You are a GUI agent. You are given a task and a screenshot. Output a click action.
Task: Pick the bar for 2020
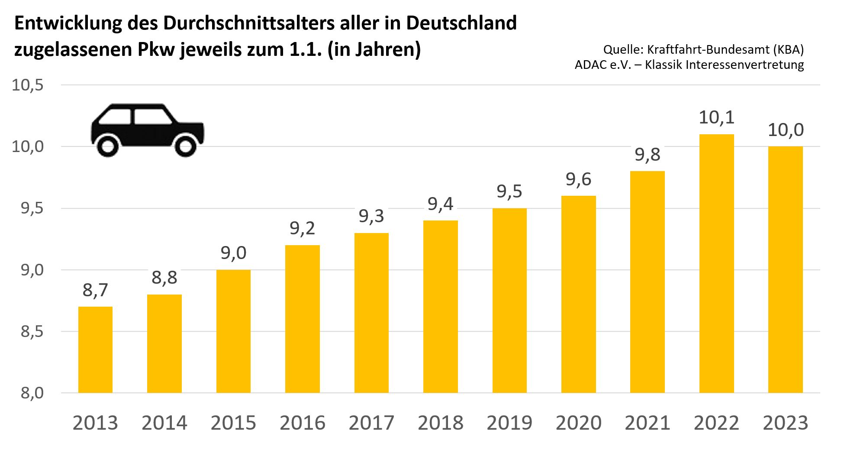578,294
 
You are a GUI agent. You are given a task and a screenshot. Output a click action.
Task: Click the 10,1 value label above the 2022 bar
716,117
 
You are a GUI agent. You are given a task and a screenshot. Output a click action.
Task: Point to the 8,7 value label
95,290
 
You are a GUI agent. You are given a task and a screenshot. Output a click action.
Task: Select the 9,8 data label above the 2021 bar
648,155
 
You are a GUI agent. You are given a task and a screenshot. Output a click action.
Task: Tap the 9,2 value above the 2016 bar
302,228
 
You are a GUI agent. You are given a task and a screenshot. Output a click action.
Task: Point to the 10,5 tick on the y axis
28,85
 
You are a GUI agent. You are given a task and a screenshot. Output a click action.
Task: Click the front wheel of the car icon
185,146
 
